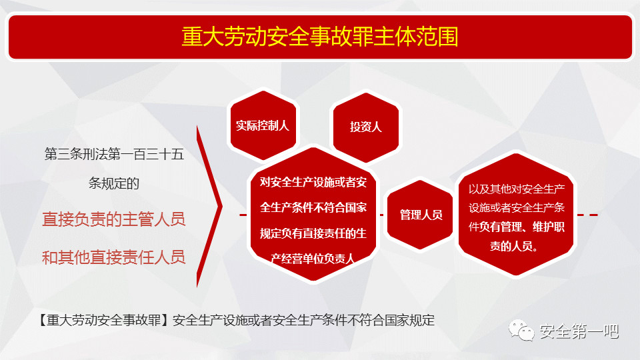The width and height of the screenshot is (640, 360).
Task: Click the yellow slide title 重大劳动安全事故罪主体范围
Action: click(320, 36)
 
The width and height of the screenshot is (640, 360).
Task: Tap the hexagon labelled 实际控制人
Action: click(263, 125)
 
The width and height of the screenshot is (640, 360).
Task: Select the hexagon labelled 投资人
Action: click(366, 127)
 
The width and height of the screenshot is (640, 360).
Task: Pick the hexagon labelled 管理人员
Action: click(420, 215)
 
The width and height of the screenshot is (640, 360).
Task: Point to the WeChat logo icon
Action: click(521, 330)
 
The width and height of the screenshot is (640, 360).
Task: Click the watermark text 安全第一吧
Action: click(579, 331)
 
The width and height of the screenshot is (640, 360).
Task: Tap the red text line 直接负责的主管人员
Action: click(114, 219)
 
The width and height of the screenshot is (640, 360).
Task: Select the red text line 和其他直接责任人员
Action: click(114, 257)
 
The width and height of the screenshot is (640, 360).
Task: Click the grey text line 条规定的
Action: click(114, 183)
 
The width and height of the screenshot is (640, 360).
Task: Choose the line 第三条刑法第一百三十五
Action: click(114, 154)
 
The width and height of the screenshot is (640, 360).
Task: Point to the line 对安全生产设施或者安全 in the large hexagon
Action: click(313, 182)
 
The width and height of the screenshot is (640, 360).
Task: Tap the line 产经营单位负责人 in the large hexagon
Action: click(312, 259)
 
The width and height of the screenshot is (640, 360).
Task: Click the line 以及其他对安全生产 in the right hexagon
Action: click(516, 189)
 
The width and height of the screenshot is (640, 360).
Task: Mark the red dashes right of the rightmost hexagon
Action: click(588, 215)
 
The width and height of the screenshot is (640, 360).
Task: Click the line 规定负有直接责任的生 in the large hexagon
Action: click(313, 233)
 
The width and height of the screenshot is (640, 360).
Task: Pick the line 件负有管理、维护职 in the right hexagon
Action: click(516, 227)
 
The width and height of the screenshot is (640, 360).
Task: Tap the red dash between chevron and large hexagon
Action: click(243, 215)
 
